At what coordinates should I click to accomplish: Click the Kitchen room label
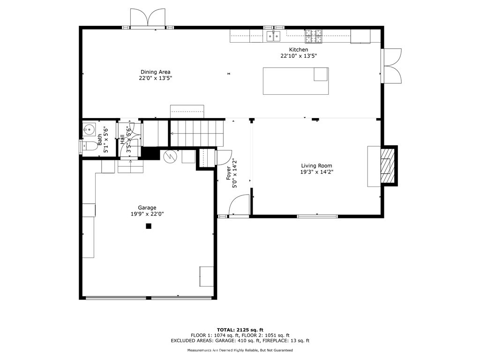click(x=299, y=50)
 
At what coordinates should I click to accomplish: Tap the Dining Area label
click(x=156, y=72)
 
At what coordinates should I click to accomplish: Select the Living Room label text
click(x=316, y=165)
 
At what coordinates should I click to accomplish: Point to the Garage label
click(x=147, y=208)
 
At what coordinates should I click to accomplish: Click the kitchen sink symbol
click(x=273, y=36)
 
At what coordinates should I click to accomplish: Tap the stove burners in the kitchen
click(x=314, y=36)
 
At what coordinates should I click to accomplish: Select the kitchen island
click(x=296, y=81)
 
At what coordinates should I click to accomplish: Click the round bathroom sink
click(x=89, y=130)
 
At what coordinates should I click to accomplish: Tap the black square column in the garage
click(x=149, y=226)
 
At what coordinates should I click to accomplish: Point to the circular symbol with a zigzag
click(x=170, y=157)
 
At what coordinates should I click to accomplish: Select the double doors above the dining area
click(x=148, y=18)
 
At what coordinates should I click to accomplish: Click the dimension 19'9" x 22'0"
click(x=147, y=214)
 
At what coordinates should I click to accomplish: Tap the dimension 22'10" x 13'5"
click(x=299, y=56)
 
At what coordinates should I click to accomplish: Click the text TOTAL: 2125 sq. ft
click(x=240, y=330)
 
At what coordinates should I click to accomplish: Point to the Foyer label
click(x=228, y=173)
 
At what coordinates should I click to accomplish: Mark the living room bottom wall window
click(x=317, y=216)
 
